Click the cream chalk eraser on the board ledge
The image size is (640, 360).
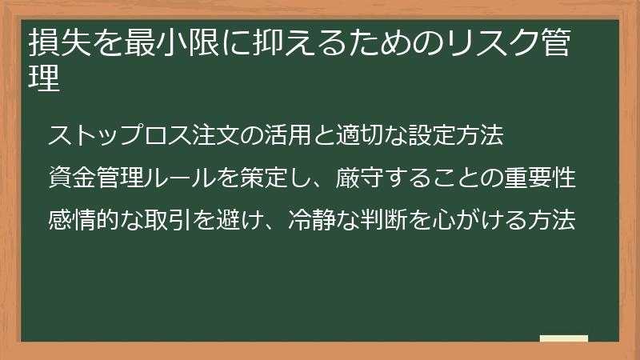tap(564, 339)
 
